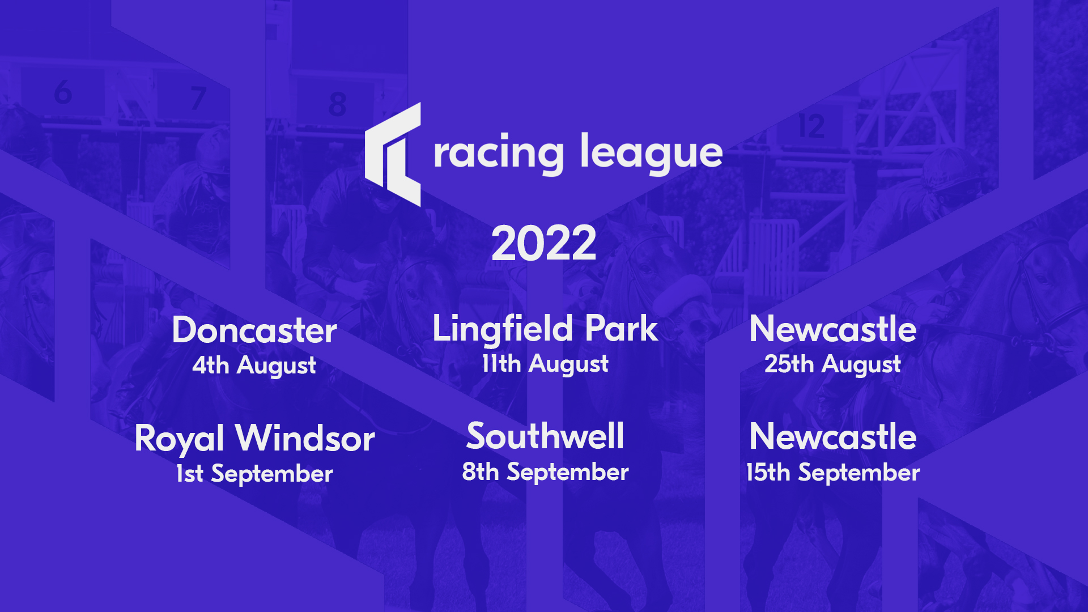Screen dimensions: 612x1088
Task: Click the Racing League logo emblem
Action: (393, 154)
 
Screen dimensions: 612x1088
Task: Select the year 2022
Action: (543, 244)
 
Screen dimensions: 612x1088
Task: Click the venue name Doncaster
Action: (254, 330)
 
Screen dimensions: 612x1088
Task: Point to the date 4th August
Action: (254, 365)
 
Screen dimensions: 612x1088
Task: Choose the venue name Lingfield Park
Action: (545, 329)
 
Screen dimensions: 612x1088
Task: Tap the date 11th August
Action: (545, 364)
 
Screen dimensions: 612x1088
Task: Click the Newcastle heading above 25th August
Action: (832, 329)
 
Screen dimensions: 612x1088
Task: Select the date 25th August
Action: (832, 364)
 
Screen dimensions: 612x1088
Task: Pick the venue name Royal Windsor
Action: (254, 439)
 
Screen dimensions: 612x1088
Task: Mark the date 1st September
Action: (254, 474)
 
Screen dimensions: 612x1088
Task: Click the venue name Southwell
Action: (545, 436)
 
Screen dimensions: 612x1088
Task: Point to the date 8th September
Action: (545, 472)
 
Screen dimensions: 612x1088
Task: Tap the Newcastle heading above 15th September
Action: (832, 437)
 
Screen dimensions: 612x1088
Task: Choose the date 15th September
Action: (832, 473)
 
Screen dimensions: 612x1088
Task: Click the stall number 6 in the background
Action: (63, 92)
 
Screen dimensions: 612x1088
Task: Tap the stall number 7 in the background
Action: (198, 98)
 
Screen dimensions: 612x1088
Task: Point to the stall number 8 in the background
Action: (337, 104)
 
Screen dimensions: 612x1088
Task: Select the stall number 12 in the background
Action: (811, 126)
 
